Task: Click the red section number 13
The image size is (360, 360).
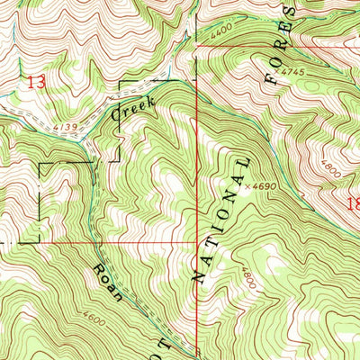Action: tap(36, 82)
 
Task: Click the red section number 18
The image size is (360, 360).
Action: tap(352, 204)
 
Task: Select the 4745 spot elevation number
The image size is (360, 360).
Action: tap(292, 68)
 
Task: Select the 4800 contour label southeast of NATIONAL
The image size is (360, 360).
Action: tap(246, 274)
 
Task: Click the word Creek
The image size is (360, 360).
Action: tap(133, 109)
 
